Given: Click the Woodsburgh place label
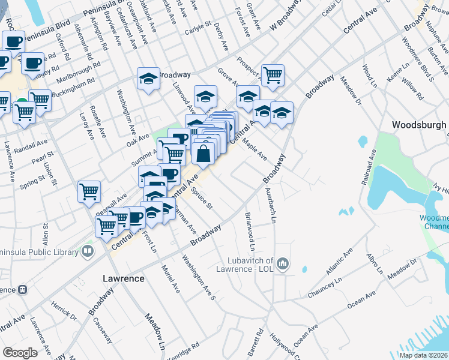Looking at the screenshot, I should point(418,125).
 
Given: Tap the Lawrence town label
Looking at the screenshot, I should point(123,279).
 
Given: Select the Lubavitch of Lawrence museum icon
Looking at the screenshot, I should point(283,263).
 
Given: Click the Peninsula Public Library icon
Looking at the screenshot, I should point(88,251).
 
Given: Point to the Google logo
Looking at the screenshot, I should point(20,352).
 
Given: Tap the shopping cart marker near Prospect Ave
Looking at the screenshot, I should point(273,75).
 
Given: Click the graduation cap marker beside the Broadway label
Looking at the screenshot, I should point(148,79).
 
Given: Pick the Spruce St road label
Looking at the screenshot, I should point(202,199).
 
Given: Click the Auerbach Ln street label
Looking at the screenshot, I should point(270,206).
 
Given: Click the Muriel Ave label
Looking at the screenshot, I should point(170,279).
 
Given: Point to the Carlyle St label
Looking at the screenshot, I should point(198,29).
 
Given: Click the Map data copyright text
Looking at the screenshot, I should point(423,355).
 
